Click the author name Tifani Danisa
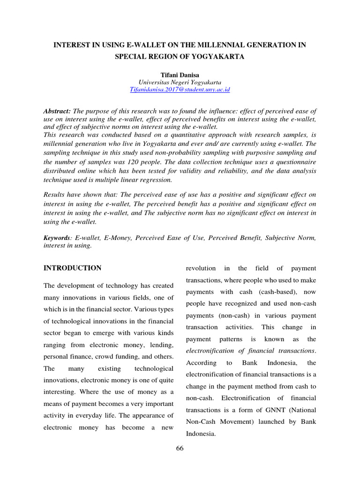pyautogui.click(x=180, y=74)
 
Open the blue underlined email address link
pyautogui.click(x=180, y=89)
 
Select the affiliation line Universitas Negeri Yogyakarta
pyautogui.click(x=180, y=82)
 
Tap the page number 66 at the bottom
pyautogui.click(x=180, y=449)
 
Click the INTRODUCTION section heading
pyautogui.click(x=72, y=268)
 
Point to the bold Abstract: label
pyautogui.click(x=57, y=111)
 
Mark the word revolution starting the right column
pyautogui.click(x=201, y=268)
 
